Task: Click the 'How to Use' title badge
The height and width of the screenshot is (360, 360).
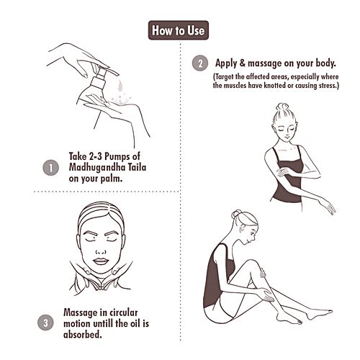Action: point(179,30)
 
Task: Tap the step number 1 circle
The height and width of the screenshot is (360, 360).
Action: point(50,168)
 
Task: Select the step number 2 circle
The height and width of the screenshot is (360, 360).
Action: point(200,63)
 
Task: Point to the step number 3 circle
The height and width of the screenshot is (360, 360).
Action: point(45,323)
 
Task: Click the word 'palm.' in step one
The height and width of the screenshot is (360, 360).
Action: point(112,179)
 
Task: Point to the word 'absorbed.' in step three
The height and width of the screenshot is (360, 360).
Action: point(83,334)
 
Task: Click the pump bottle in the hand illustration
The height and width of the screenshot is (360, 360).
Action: point(94,87)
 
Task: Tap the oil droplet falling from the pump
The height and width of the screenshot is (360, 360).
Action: point(120,86)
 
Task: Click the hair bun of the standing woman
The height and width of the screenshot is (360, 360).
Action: point(282,107)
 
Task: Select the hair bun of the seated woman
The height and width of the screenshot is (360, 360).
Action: point(236,214)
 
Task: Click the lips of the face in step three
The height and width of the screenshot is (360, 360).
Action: point(101,261)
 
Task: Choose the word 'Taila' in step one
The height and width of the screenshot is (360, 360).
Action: point(137,167)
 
